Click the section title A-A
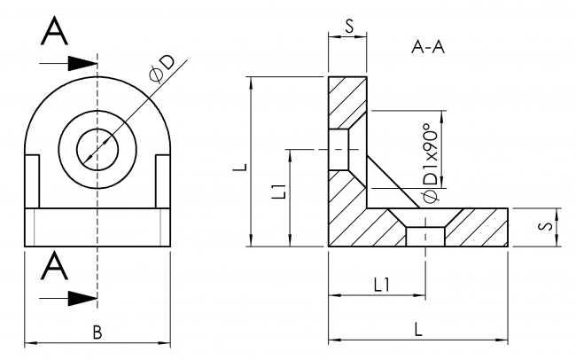coord(427,46)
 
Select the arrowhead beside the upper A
coord(82,63)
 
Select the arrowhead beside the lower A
coord(82,297)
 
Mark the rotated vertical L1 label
coord(276,191)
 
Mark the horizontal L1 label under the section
coord(379,285)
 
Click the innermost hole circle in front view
coord(97,145)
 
